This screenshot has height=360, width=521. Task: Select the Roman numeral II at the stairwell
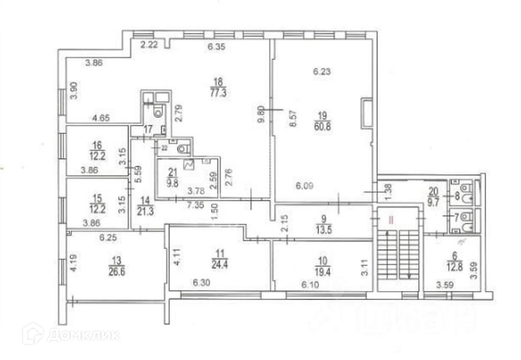point(390,220)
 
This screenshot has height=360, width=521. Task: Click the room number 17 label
point(148,129)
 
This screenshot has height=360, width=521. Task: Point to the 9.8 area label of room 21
point(172,183)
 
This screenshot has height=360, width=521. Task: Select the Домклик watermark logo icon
point(32,334)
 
